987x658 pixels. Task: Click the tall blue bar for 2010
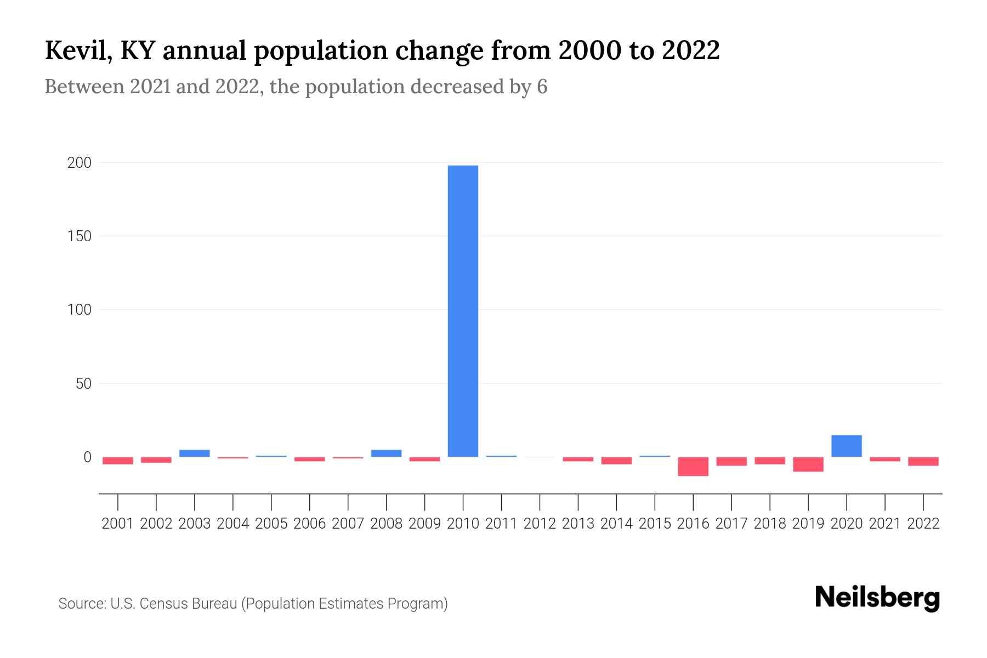coord(463,310)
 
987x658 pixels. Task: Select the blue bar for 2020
coord(846,446)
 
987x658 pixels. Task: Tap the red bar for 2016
coord(693,466)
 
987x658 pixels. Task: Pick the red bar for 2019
coord(808,464)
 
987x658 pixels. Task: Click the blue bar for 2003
coord(194,453)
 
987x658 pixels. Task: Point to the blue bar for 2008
coord(386,453)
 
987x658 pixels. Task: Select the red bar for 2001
coord(117,461)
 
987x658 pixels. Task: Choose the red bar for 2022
coord(923,461)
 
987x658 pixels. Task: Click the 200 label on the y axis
coord(79,163)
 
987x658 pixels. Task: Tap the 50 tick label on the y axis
coord(83,383)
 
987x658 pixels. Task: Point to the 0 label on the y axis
coord(87,457)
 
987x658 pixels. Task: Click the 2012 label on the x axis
coord(540,524)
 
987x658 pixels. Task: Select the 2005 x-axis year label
coord(271,524)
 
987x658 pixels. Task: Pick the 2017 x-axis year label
coord(731,524)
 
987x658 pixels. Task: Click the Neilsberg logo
coord(877,598)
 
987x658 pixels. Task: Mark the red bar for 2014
coord(616,461)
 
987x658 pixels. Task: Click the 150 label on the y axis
coord(79,236)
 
